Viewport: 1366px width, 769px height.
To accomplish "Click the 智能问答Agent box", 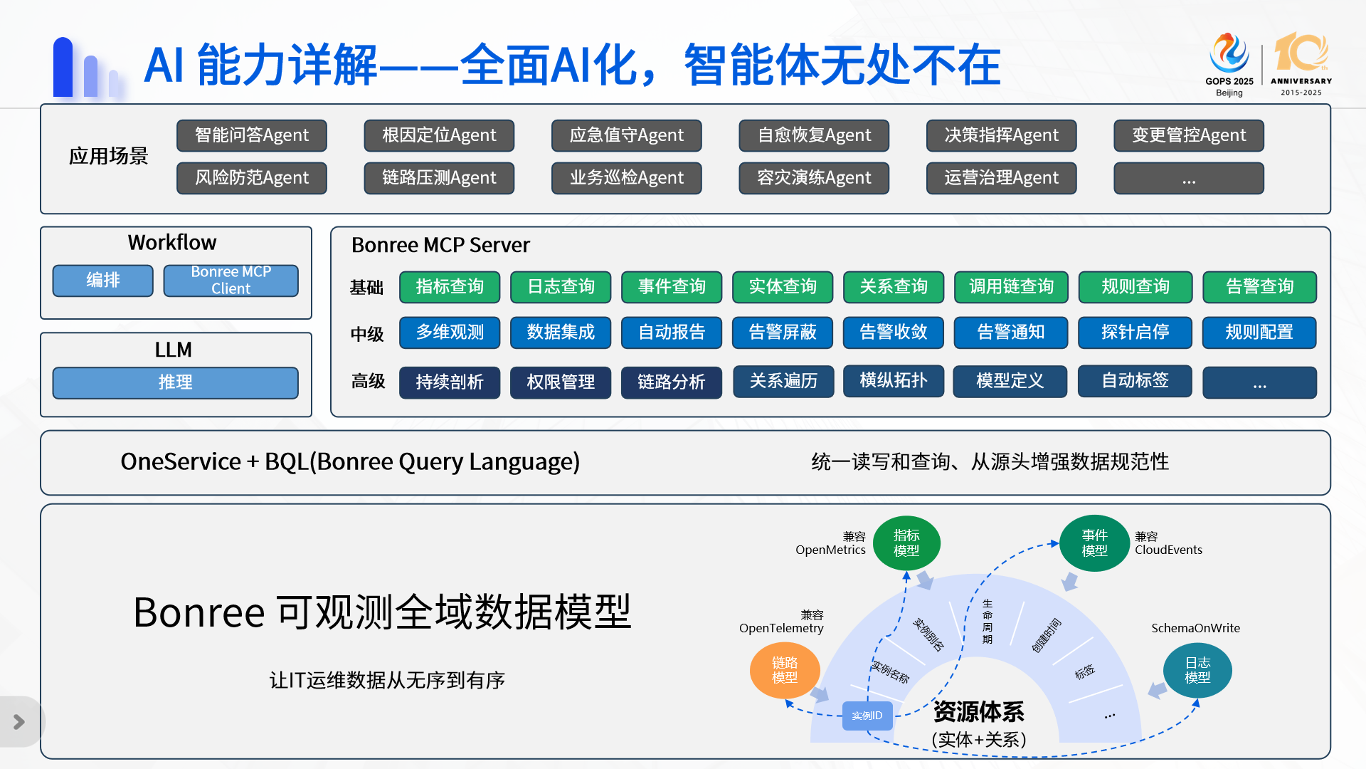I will pyautogui.click(x=252, y=135).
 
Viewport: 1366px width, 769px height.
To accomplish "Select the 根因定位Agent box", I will pyautogui.click(x=439, y=135).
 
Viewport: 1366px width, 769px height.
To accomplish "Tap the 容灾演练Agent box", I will pyautogui.click(x=814, y=178).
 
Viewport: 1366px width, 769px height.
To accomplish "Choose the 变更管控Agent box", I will pyautogui.click(x=1189, y=135).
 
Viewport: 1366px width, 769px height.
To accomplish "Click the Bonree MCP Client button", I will pyautogui.click(x=231, y=281).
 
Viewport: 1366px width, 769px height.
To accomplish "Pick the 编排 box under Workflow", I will pyautogui.click(x=102, y=281).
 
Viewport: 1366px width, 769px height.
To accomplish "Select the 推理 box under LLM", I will pyautogui.click(x=175, y=382).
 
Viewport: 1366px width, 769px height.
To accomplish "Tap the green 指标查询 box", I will pyautogui.click(x=450, y=287).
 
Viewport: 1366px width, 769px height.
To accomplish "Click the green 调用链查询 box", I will pyautogui.click(x=1011, y=287).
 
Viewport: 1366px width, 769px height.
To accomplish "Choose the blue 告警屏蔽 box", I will pyautogui.click(x=783, y=333).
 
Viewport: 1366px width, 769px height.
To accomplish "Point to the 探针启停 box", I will pyautogui.click(x=1135, y=333).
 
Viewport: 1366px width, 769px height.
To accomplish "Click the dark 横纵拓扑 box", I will pyautogui.click(x=894, y=381).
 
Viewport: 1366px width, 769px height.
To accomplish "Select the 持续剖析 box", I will pyautogui.click(x=450, y=382).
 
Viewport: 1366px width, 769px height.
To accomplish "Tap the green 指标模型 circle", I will pyautogui.click(x=906, y=543).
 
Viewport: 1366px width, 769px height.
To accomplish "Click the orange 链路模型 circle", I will pyautogui.click(x=785, y=670).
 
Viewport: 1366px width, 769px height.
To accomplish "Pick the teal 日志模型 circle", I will pyautogui.click(x=1197, y=670).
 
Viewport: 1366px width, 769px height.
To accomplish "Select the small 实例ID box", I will pyautogui.click(x=867, y=716).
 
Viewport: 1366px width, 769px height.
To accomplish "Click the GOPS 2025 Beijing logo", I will pyautogui.click(x=1229, y=64).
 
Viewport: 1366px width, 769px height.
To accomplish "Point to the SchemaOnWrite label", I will pyautogui.click(x=1195, y=628).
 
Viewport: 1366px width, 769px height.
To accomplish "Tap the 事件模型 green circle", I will pyautogui.click(x=1094, y=543).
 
